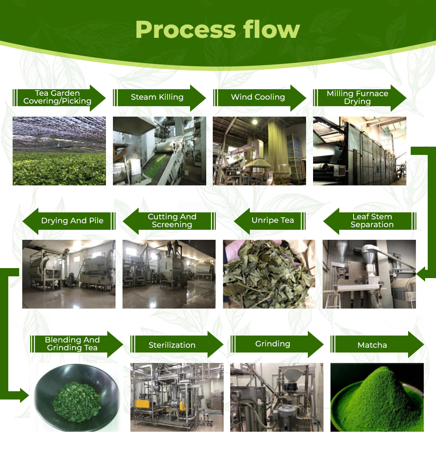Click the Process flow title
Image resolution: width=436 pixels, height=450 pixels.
coord(218,29)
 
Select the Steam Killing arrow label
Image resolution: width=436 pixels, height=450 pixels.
coord(157,97)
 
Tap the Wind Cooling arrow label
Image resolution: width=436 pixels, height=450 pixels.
coord(258,97)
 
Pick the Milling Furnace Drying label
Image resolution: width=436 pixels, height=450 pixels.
coord(357,97)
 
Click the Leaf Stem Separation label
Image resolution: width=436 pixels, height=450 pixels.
coord(372,221)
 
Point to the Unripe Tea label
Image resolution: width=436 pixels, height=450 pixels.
coord(272,220)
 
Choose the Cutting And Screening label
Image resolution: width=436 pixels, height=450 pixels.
coord(172,221)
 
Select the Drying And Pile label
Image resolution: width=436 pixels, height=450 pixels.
coord(72,221)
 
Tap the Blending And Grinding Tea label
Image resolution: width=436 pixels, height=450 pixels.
coord(72,344)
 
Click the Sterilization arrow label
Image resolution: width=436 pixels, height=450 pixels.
coord(172,345)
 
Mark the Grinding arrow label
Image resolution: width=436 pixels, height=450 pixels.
coord(272,344)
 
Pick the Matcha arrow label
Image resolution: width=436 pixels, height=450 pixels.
coord(372,345)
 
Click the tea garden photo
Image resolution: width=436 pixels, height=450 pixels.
coord(59,151)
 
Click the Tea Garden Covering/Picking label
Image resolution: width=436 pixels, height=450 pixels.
coord(57,97)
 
